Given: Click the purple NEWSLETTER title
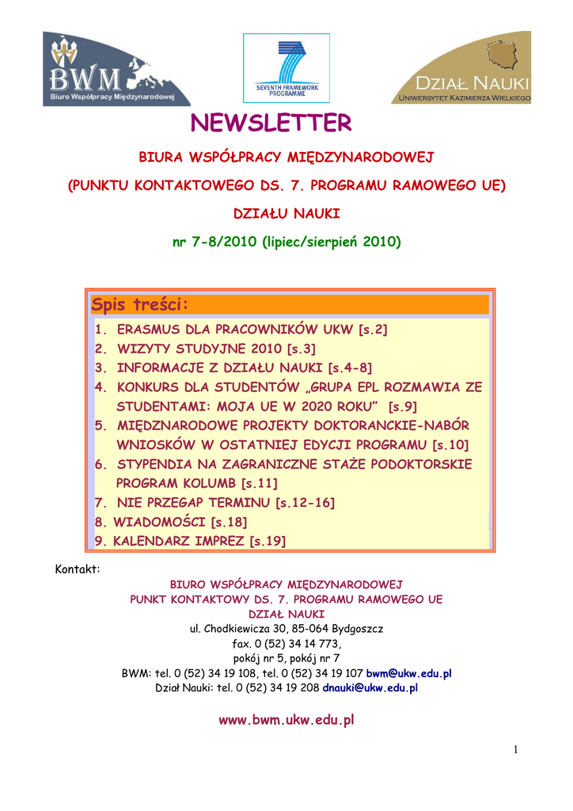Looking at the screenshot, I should coord(271,124).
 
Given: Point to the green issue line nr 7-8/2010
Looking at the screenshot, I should coord(286,242).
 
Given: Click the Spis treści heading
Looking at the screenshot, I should coord(141,305).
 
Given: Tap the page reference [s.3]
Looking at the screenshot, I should coord(301,348).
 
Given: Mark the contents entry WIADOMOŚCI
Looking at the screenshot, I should coord(160,522).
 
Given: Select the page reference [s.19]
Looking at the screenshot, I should coord(268,542).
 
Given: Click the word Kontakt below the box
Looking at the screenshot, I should coord(77,569).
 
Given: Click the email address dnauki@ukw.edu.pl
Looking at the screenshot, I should coord(370,688).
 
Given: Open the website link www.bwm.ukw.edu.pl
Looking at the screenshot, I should coord(286,721).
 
